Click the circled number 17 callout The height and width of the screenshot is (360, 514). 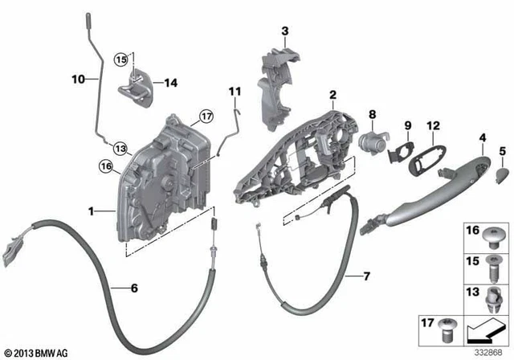(x=206, y=117)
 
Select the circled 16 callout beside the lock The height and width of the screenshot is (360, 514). (x=106, y=166)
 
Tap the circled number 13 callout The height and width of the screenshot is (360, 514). (x=120, y=149)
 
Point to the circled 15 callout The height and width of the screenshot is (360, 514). (x=121, y=60)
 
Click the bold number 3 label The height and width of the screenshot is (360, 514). (x=285, y=31)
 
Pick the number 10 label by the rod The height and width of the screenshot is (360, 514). (x=79, y=79)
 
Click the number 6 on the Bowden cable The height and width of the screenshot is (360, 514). (x=134, y=288)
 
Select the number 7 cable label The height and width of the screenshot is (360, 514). (x=367, y=276)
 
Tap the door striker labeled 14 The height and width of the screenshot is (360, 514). (x=135, y=88)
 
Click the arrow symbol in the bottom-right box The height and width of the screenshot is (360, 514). (x=486, y=330)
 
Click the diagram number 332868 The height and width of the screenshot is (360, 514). (x=489, y=353)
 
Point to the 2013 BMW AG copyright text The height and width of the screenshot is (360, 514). (x=36, y=354)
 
